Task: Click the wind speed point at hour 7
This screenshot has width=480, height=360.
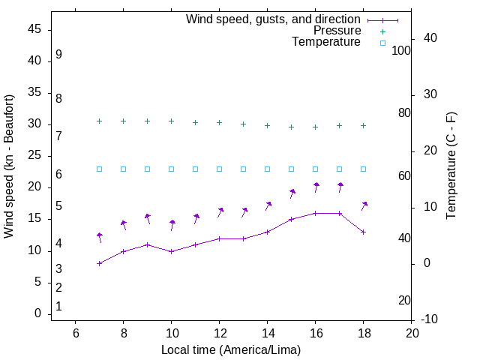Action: click(99, 263)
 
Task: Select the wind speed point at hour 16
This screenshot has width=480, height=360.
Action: click(316, 213)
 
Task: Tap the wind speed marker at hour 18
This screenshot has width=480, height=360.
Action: click(364, 232)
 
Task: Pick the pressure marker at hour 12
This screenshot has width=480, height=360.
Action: click(220, 122)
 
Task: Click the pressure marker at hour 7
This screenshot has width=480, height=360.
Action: click(99, 121)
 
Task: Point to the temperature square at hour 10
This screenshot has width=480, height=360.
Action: click(172, 169)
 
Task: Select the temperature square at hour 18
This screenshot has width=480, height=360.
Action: click(364, 169)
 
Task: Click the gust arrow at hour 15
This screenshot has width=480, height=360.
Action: click(292, 193)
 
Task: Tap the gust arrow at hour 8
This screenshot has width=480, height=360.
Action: click(124, 224)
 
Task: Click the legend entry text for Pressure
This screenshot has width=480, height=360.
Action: click(337, 31)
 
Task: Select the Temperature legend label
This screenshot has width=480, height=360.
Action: click(326, 42)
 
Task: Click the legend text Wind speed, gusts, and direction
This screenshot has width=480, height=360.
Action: click(273, 19)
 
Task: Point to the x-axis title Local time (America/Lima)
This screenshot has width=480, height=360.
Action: click(231, 349)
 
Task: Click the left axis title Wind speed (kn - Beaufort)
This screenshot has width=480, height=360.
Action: click(10, 166)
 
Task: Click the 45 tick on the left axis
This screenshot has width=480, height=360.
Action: click(34, 29)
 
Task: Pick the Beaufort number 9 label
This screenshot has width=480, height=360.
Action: click(58, 55)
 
